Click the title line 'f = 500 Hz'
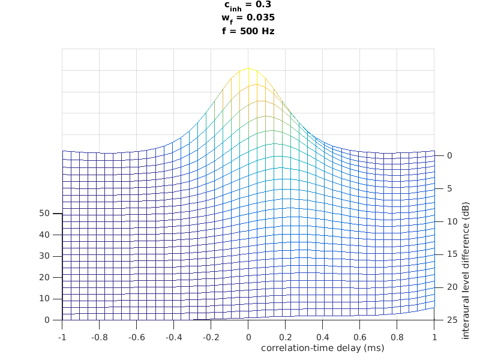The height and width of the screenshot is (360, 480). (x=248, y=31)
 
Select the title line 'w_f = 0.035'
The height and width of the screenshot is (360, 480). (x=248, y=17)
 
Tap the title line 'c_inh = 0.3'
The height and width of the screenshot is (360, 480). (x=248, y=5)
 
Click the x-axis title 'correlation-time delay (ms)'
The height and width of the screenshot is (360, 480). (x=322, y=347)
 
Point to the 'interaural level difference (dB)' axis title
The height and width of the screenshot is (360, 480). (x=466, y=271)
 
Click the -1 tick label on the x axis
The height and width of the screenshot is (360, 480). (x=62, y=337)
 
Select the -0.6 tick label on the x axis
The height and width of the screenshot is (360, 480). (x=136, y=337)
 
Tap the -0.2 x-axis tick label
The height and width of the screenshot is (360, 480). (x=211, y=337)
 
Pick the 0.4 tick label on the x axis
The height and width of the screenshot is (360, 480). (x=323, y=337)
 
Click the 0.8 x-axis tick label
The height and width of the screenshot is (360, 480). (x=397, y=337)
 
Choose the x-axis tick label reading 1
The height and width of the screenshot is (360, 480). (x=434, y=337)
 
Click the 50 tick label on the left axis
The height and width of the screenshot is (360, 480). (x=44, y=213)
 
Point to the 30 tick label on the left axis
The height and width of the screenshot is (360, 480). (x=44, y=256)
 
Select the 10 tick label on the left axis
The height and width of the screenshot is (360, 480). (x=44, y=299)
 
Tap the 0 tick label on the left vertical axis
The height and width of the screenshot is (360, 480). (x=47, y=320)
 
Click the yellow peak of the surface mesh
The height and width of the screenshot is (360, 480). (x=248, y=69)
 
